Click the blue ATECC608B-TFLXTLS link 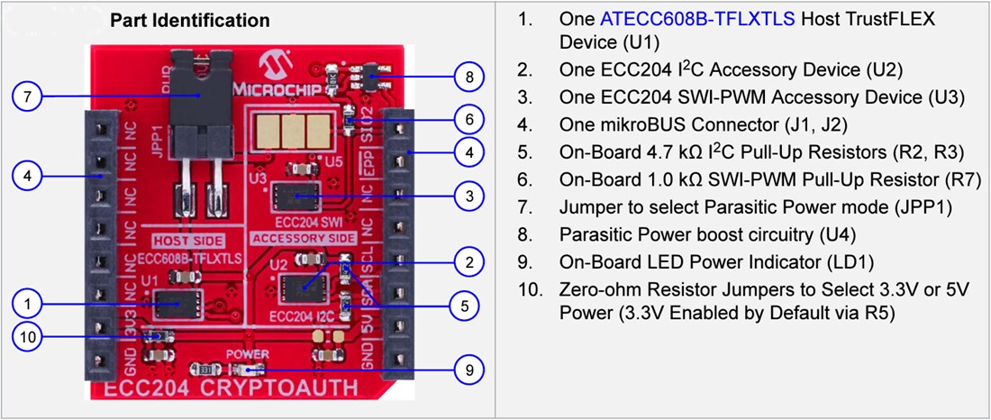coord(697,19)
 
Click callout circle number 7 coord(29,96)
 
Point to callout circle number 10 coord(29,337)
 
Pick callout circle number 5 coord(464,306)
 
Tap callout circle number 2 coord(464,262)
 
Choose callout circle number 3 coord(464,195)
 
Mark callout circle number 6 coord(464,118)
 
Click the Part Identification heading coord(189,20)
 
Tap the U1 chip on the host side coord(176,304)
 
